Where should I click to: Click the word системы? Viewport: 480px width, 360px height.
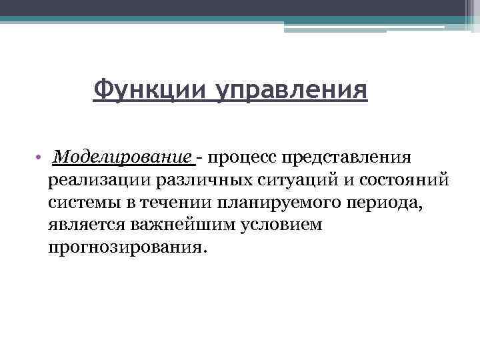coord(83,203)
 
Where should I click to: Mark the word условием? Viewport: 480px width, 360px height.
coord(276,225)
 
